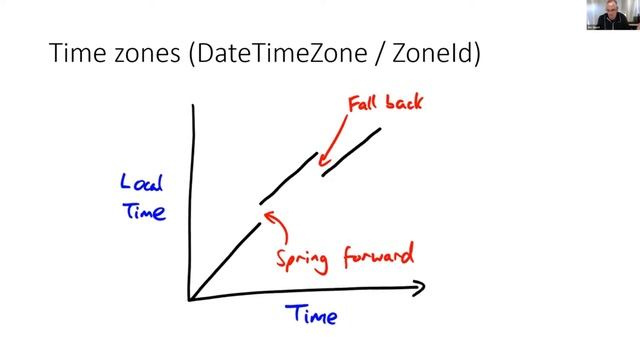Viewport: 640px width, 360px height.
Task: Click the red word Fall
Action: (x=364, y=102)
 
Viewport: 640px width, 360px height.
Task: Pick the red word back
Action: (x=406, y=102)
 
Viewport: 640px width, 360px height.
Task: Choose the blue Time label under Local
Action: (x=144, y=211)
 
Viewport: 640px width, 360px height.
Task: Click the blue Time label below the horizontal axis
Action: (x=313, y=316)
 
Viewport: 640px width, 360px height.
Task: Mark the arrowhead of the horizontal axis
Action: (x=420, y=288)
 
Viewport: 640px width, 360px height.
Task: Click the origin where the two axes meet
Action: (x=190, y=298)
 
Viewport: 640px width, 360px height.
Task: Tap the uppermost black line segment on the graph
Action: (x=351, y=151)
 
